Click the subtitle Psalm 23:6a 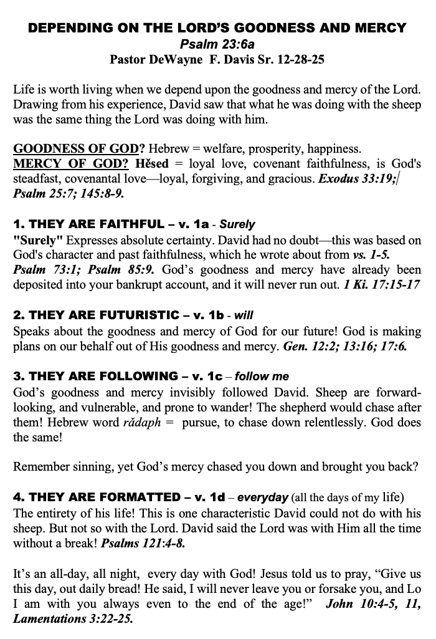tap(217, 44)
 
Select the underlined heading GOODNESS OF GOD tap(75, 149)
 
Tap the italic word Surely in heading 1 tap(237, 224)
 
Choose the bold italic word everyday tap(263, 497)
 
